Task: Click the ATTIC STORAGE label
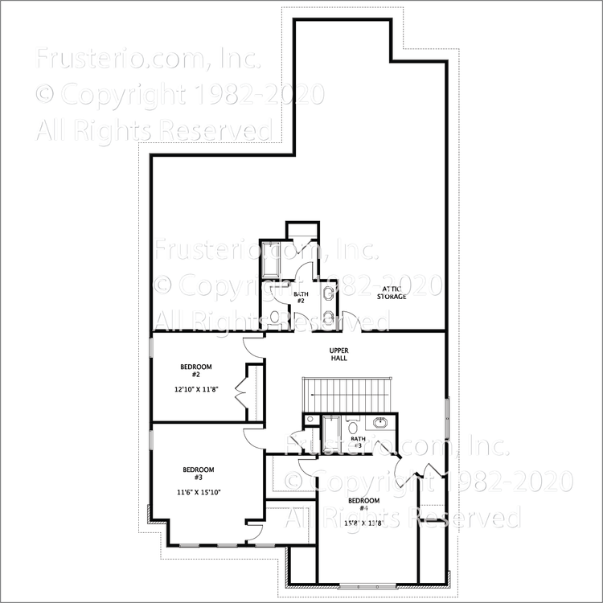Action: tap(392, 292)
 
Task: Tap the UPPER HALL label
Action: tap(338, 354)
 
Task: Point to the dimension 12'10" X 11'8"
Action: tap(195, 389)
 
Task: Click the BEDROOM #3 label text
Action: tap(198, 474)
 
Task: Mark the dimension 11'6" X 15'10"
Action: tap(198, 492)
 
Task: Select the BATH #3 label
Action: tap(358, 443)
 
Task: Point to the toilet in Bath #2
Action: tap(274, 318)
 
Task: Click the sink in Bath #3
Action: tap(380, 423)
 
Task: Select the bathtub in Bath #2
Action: tap(269, 256)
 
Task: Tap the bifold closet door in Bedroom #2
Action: tap(240, 394)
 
